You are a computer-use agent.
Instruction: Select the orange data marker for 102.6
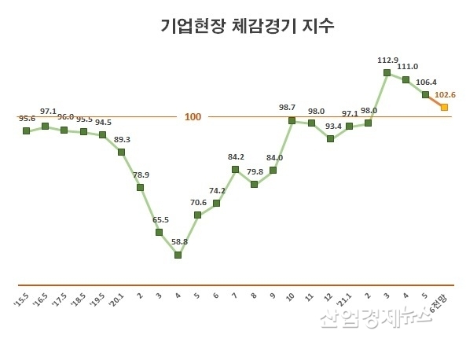(x=444, y=107)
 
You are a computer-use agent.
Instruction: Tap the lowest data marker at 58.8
(x=178, y=255)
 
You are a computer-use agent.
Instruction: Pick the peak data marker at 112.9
(x=387, y=72)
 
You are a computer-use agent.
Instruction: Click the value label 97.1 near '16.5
(x=48, y=112)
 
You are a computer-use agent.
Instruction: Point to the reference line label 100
(x=193, y=117)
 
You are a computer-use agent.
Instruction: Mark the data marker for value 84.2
(x=235, y=169)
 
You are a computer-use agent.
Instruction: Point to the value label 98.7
(x=288, y=107)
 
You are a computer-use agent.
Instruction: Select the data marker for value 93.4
(x=330, y=138)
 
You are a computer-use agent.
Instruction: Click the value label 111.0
(x=409, y=67)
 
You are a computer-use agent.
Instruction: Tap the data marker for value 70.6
(x=197, y=215)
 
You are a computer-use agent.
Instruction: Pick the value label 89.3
(x=123, y=139)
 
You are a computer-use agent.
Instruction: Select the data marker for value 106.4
(x=425, y=94)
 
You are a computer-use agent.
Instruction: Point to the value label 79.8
(x=255, y=171)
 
